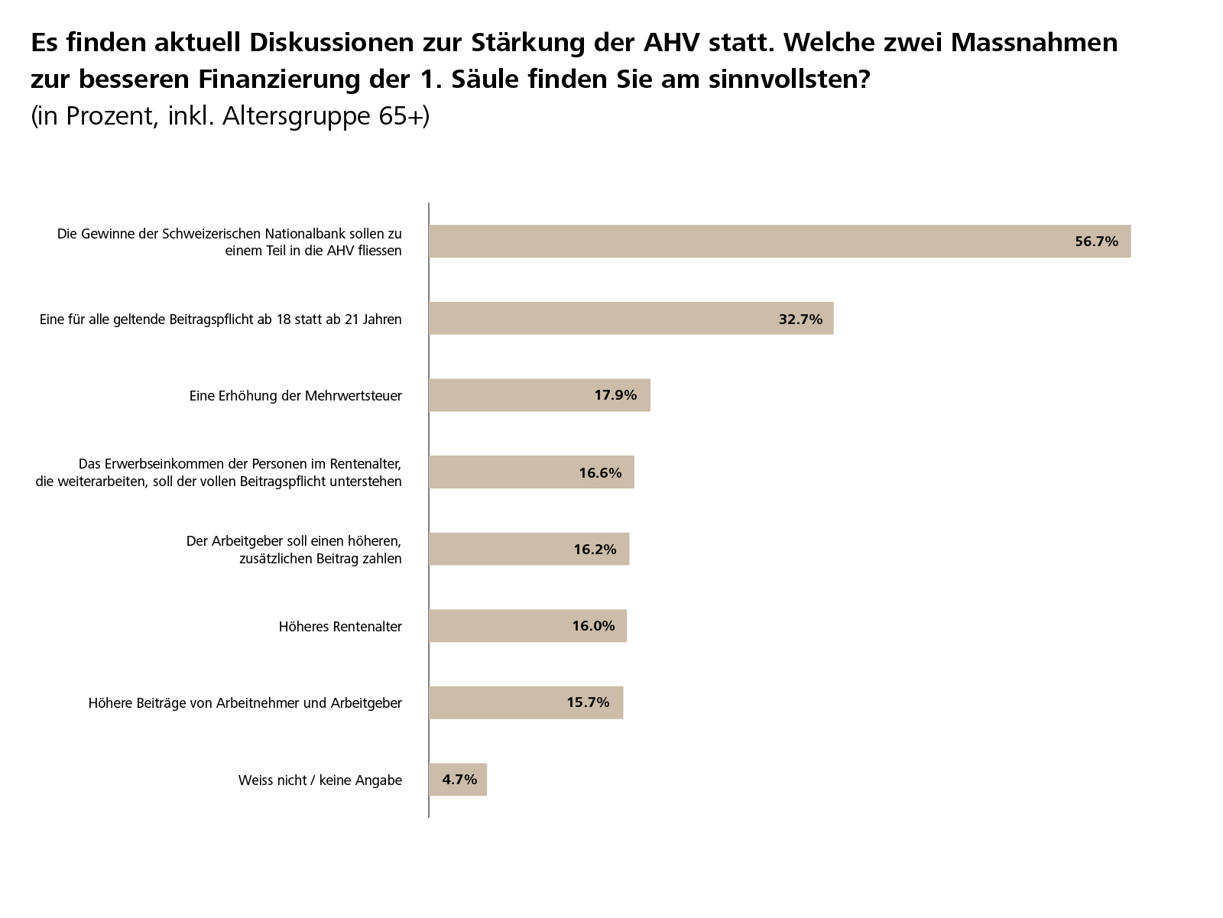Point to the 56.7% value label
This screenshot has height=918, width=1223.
1096,242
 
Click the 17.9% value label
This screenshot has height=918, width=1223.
615,395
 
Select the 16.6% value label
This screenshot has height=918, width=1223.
600,472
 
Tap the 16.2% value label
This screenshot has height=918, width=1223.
595,550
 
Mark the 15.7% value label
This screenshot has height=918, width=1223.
588,702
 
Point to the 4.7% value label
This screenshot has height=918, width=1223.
459,780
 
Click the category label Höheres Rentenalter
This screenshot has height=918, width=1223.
340,627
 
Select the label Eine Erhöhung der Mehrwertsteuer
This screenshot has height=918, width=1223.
295,396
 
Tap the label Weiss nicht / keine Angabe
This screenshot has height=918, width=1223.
320,780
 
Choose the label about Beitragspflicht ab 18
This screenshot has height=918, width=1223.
220,320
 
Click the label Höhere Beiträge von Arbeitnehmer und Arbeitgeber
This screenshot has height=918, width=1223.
245,703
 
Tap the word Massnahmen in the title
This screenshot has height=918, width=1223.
1033,43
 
